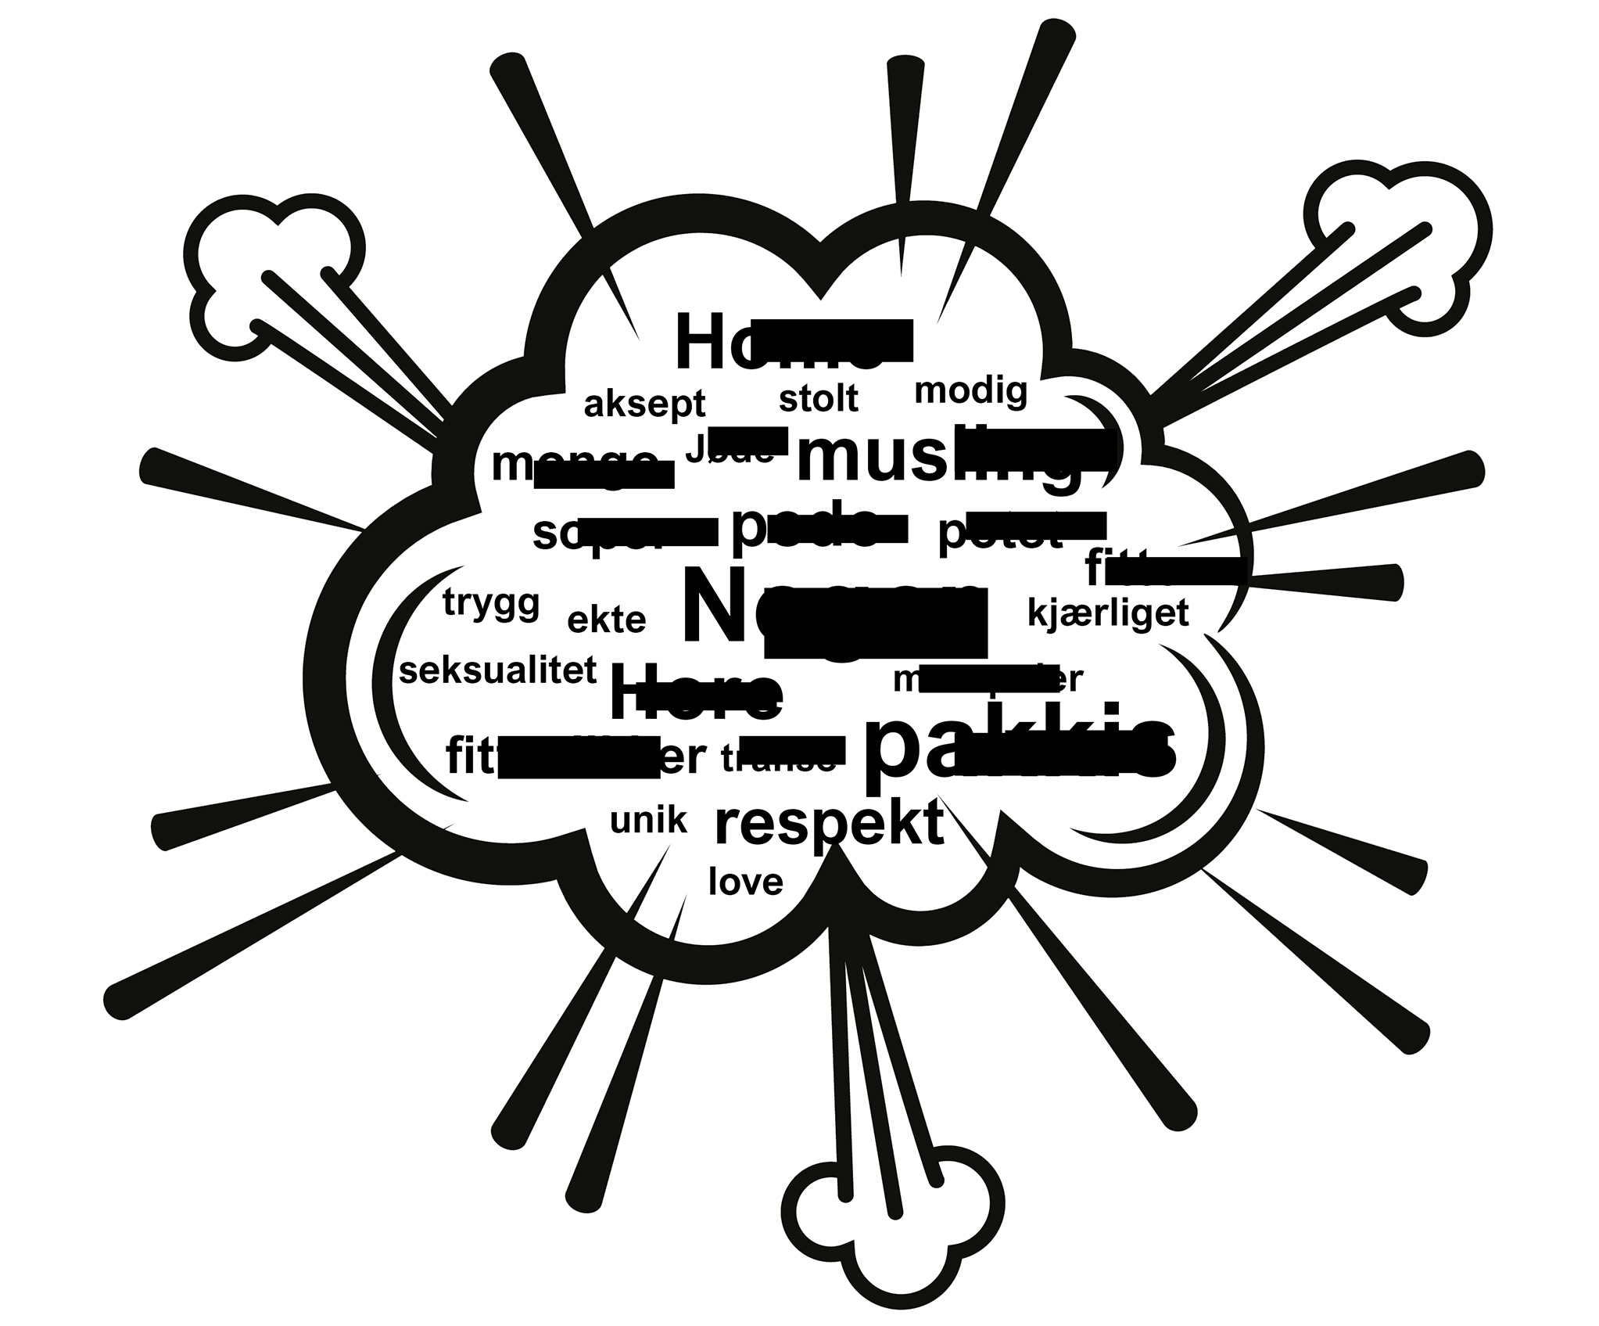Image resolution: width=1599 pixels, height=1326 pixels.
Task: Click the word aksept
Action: click(x=644, y=404)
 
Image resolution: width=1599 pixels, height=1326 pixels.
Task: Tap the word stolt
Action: click(x=818, y=398)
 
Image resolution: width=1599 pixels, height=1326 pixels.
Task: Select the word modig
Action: click(x=970, y=390)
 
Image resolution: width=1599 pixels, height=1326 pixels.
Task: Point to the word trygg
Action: click(x=491, y=603)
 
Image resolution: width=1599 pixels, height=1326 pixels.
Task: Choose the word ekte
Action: click(x=607, y=620)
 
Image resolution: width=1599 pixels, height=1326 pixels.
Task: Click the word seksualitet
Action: click(x=498, y=670)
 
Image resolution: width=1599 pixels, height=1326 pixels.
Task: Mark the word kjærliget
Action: click(x=1107, y=613)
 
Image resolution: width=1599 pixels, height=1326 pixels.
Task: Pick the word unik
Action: click(x=648, y=821)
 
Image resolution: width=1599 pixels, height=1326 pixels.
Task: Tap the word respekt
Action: click(x=829, y=823)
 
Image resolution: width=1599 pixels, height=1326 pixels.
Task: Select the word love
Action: click(x=745, y=882)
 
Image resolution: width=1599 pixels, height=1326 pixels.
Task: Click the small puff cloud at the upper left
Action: click(x=278, y=270)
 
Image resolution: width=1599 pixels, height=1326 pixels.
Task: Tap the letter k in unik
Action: click(x=677, y=821)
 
